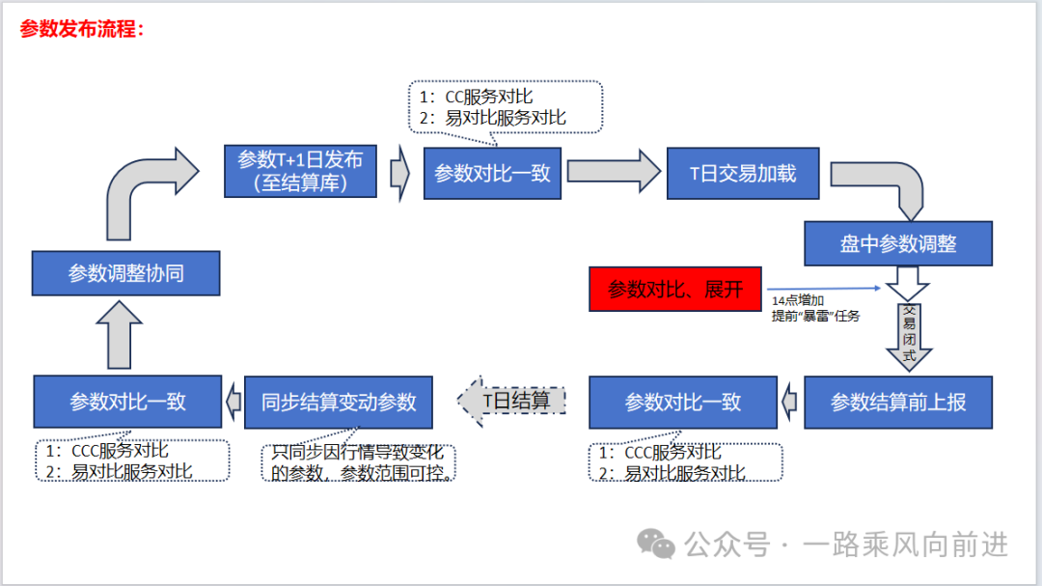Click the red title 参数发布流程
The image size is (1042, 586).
[x=81, y=29]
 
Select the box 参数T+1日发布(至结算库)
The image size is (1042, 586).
[x=300, y=172]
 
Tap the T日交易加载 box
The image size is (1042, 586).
[x=742, y=173]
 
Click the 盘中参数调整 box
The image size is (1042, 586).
[x=897, y=243]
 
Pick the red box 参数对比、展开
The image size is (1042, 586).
[x=674, y=289]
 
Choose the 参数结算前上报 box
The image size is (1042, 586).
[x=897, y=402]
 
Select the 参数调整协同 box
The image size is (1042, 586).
[x=125, y=273]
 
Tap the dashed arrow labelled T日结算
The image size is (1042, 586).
[x=511, y=402]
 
